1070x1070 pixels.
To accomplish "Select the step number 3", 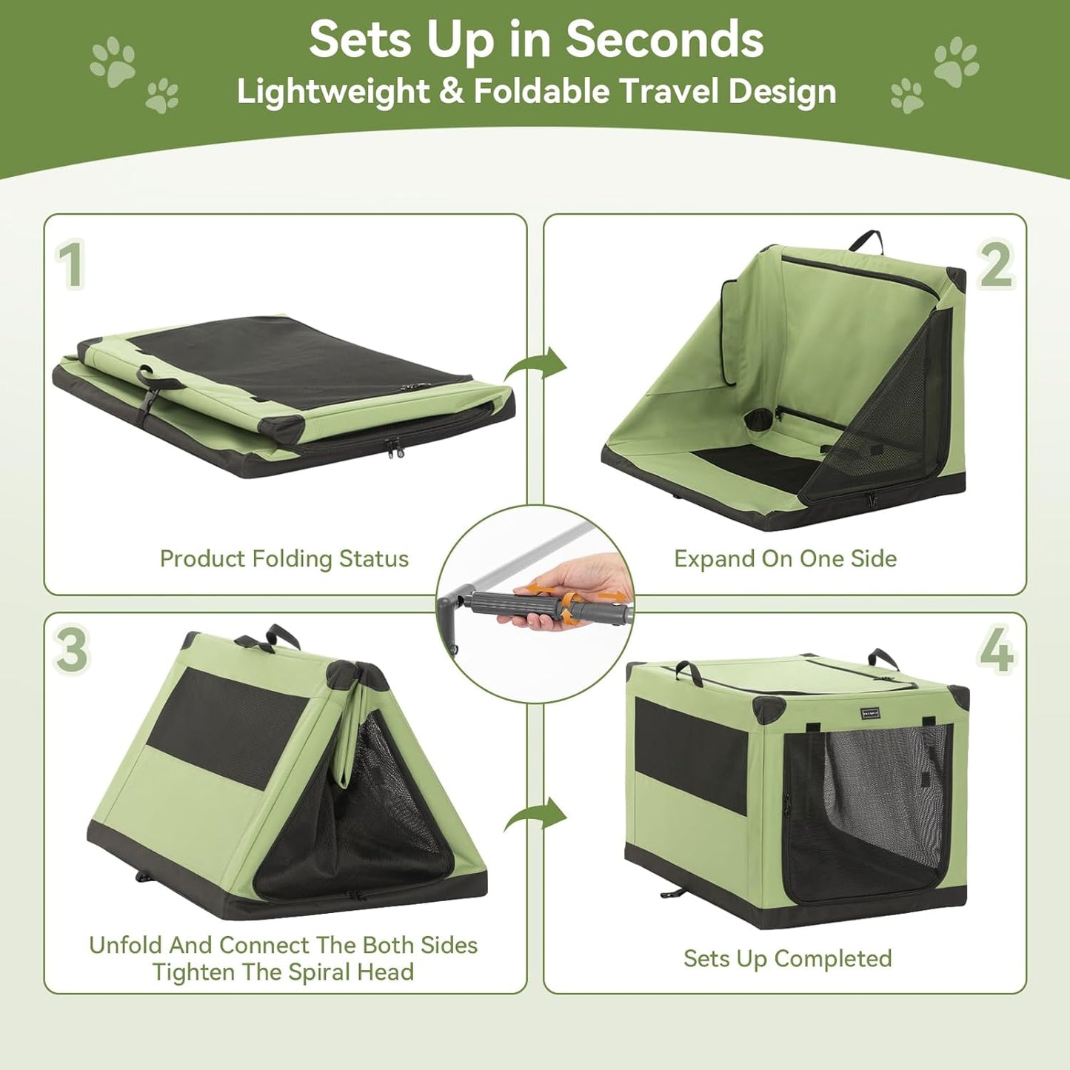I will pos(72,649).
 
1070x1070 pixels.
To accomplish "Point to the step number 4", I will pos(996,649).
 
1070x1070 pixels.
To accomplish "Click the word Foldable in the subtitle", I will pos(542,92).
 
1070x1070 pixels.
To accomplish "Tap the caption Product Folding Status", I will pos(284,558).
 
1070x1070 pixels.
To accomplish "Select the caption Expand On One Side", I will pos(785,558).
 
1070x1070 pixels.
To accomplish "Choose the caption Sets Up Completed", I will pos(787,958).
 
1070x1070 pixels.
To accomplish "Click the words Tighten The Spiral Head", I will pos(283,972).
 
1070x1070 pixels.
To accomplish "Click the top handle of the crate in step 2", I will pos(867,240).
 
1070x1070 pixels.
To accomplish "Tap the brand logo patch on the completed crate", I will pos(872,713).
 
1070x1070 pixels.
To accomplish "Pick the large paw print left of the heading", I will pos(113,61).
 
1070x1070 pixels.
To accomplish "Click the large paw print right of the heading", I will pos(956,61).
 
